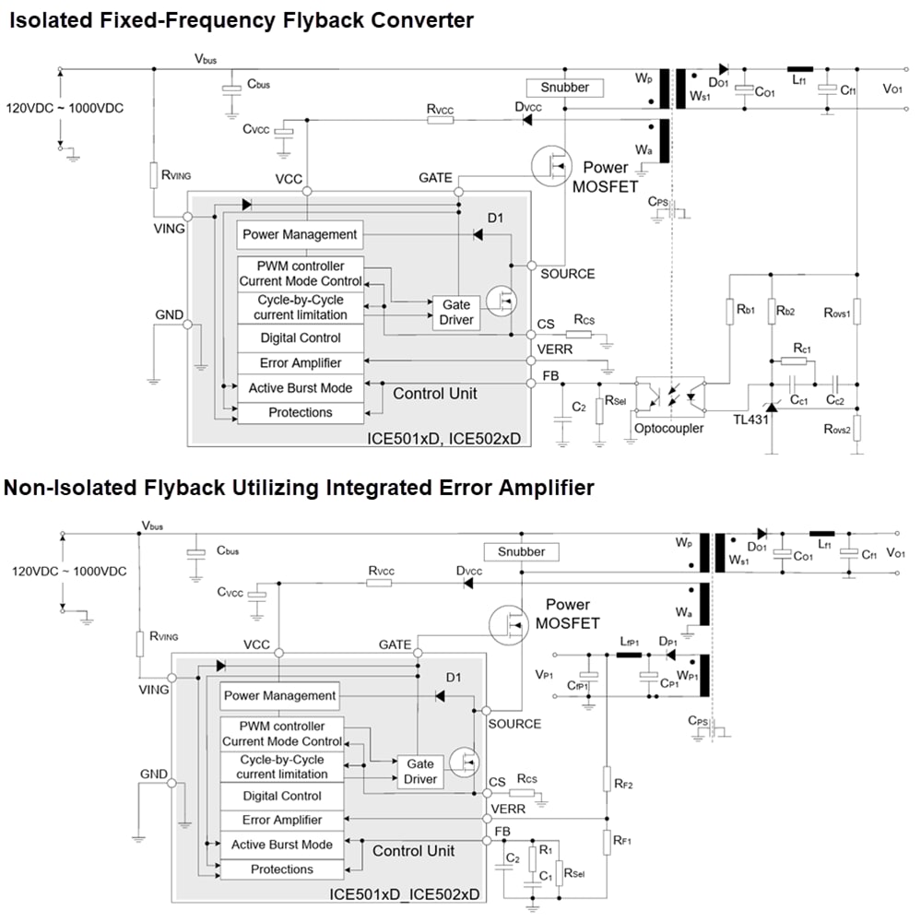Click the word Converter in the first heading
click(x=404, y=19)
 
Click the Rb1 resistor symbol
click(x=729, y=312)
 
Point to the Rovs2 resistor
click(x=856, y=429)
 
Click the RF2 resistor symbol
click(x=607, y=782)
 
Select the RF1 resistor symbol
click(x=607, y=841)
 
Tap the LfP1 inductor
click(x=629, y=656)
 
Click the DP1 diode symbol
click(x=670, y=656)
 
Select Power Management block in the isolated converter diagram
click(x=300, y=234)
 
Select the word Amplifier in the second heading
click(x=533, y=487)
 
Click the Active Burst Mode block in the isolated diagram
click(x=300, y=387)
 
